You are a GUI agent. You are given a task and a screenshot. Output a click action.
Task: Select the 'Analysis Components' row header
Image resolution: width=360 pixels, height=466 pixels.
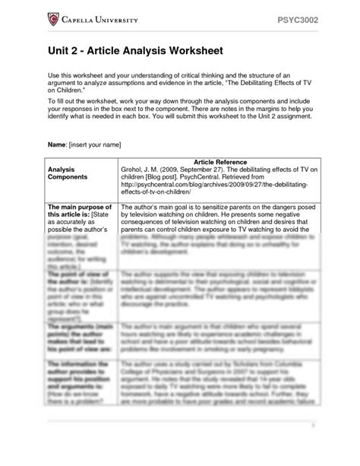[68, 174]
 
